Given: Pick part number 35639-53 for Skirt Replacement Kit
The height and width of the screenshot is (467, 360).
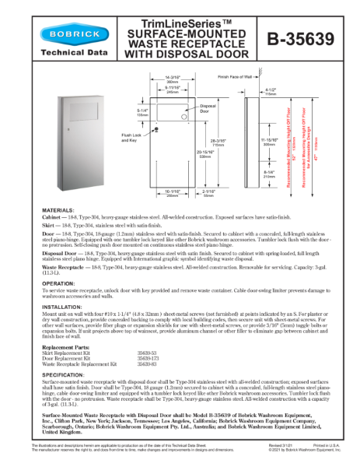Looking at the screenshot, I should click(148, 352).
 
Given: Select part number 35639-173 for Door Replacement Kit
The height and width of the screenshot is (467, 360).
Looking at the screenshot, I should click(149, 357).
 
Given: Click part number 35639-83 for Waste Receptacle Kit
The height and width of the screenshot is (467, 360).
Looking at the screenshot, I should click(148, 363).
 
